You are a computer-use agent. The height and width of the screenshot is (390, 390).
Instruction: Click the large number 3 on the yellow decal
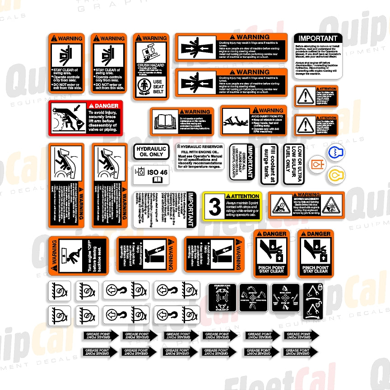point(215,208)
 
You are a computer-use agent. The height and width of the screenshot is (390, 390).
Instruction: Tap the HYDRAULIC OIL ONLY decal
point(151,152)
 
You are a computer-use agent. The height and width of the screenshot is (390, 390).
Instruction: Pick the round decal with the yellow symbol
point(334,174)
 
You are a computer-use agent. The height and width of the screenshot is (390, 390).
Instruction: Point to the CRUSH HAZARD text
point(151,65)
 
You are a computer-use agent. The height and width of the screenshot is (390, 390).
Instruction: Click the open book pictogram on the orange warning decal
point(165,122)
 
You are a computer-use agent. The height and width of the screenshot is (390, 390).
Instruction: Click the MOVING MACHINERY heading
point(306,199)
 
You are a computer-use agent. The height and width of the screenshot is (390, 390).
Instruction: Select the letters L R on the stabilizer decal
point(222,298)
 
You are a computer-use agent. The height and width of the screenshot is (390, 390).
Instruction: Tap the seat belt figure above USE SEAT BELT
point(144,85)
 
